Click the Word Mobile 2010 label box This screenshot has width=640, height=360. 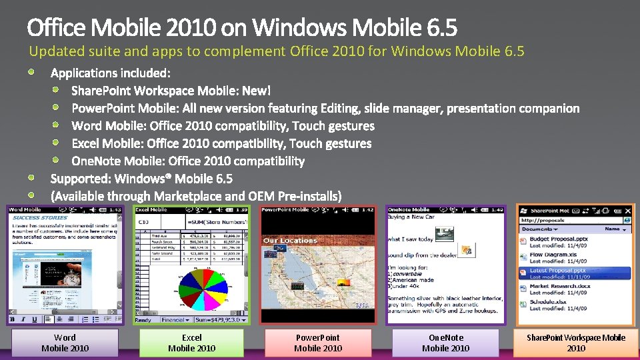pyautogui.click(x=65, y=343)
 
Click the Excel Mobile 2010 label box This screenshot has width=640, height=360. pyautogui.click(x=192, y=343)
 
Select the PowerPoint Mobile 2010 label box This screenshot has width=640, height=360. pyautogui.click(x=318, y=343)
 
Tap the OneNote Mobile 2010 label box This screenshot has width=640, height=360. pyautogui.click(x=445, y=343)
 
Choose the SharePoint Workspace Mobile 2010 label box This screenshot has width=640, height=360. pyautogui.click(x=576, y=343)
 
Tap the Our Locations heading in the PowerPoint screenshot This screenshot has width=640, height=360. pyautogui.click(x=290, y=241)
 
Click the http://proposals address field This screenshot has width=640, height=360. pyautogui.click(x=570, y=220)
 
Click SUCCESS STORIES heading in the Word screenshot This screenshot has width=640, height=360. pyautogui.click(x=39, y=217)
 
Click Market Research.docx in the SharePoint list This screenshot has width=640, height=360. pyautogui.click(x=560, y=286)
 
